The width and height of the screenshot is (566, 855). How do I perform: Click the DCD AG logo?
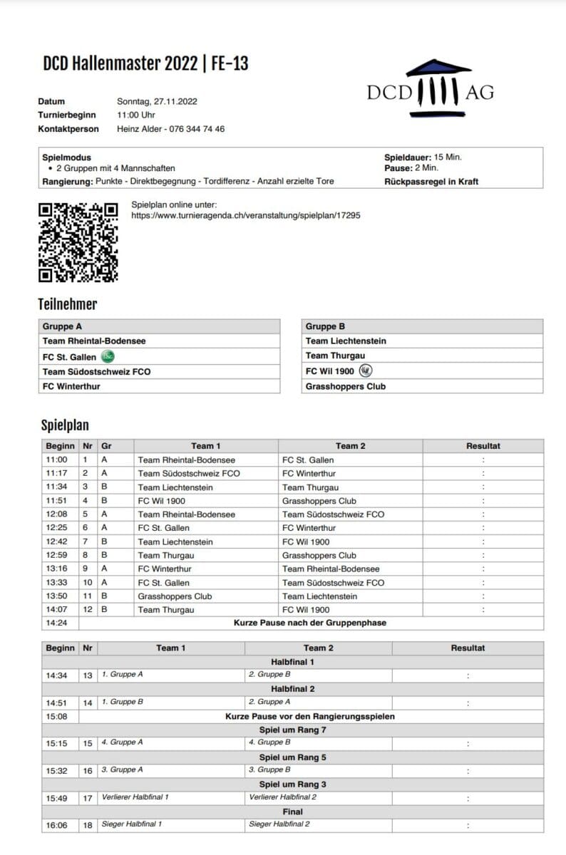click(430, 89)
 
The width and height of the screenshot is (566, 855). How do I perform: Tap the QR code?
click(78, 242)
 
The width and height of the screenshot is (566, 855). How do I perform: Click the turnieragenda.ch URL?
click(245, 214)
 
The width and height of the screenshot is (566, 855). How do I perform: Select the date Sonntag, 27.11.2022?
click(157, 101)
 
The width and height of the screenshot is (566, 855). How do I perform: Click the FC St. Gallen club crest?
click(108, 356)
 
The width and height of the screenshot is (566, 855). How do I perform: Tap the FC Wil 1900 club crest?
click(366, 370)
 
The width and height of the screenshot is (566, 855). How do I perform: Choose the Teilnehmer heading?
click(67, 304)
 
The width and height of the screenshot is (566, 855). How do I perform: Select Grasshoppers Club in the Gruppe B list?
click(345, 386)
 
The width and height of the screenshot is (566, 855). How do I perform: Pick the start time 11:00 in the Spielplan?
click(56, 460)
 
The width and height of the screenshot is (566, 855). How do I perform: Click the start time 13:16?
click(56, 569)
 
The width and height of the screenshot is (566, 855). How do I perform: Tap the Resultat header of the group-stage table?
click(483, 446)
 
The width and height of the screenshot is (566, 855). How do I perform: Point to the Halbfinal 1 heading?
click(292, 662)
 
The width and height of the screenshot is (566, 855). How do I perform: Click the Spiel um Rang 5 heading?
click(292, 757)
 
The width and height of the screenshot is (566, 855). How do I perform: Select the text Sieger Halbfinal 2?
click(279, 824)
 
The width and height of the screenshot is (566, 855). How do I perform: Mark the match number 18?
click(88, 824)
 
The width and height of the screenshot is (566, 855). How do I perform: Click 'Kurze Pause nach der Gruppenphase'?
click(309, 623)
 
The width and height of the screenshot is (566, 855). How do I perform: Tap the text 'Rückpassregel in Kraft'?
click(431, 182)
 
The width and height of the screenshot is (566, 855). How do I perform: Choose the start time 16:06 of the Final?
click(56, 824)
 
